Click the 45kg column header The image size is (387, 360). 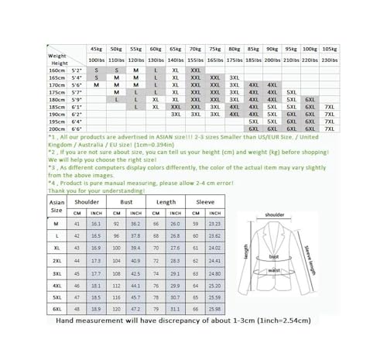96,48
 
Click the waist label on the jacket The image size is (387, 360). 273,270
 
